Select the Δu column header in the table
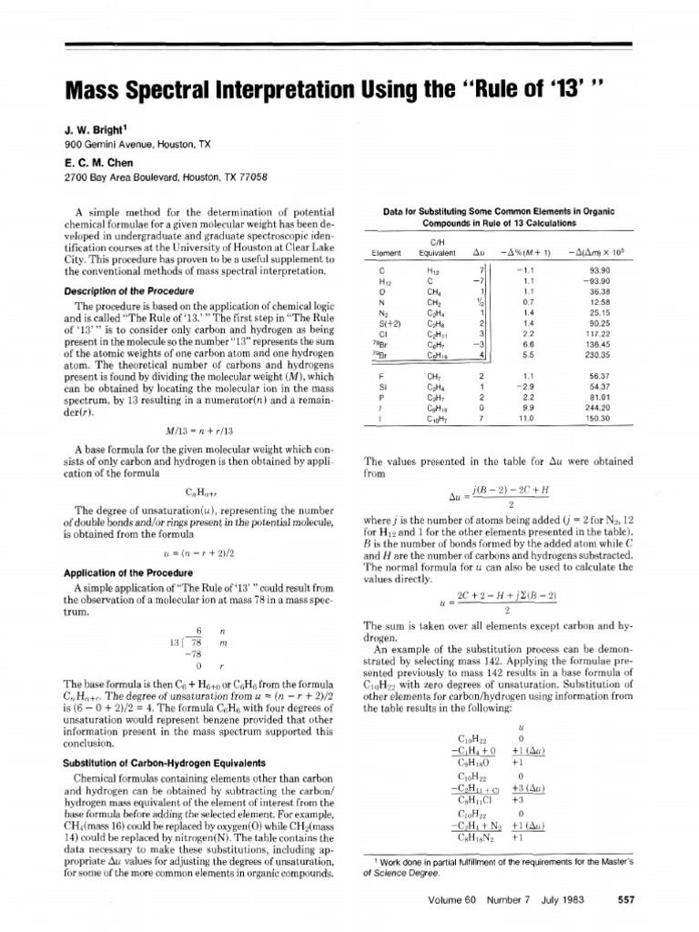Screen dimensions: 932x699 478,252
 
